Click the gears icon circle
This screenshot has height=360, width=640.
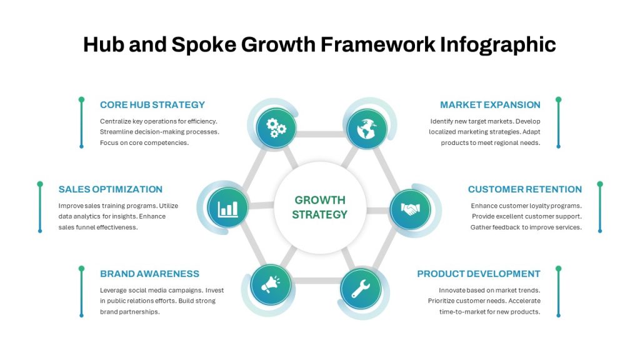[276, 127]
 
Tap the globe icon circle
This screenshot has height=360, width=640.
[367, 129]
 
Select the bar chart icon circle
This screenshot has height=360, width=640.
[227, 207]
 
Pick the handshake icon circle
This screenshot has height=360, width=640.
[410, 209]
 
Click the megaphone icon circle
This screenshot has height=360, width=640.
[271, 285]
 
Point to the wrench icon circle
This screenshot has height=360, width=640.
[361, 289]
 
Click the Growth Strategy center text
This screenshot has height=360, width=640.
[319, 207]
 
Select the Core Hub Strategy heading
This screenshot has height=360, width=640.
[152, 105]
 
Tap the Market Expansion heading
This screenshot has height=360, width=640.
[490, 105]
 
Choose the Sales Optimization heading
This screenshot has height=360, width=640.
[110, 189]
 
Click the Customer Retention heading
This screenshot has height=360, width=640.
[525, 189]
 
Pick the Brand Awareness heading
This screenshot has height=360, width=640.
[149, 274]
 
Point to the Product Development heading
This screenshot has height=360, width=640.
[478, 274]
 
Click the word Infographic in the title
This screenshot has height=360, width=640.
[497, 44]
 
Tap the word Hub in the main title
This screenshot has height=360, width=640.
[104, 44]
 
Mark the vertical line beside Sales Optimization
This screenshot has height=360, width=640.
[40, 207]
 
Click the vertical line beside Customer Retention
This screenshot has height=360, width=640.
[600, 207]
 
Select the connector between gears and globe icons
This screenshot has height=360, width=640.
[322, 134]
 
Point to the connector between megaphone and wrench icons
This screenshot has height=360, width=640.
[316, 281]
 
